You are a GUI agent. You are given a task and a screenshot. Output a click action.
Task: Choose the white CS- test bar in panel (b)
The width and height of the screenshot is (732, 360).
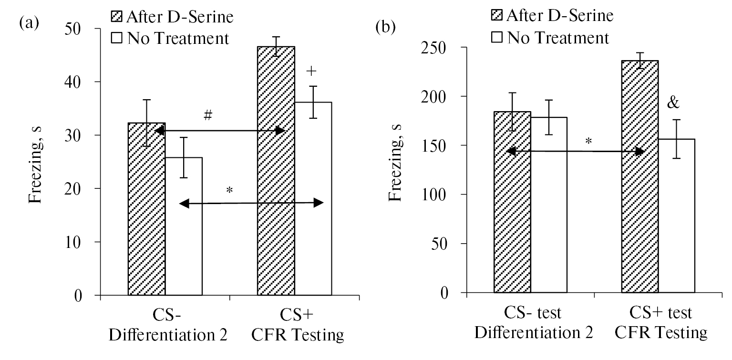click(x=548, y=205)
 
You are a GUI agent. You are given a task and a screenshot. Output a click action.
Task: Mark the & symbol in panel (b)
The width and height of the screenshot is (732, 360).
click(x=672, y=103)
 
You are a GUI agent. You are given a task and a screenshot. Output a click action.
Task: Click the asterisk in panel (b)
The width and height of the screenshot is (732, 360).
click(x=588, y=142)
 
